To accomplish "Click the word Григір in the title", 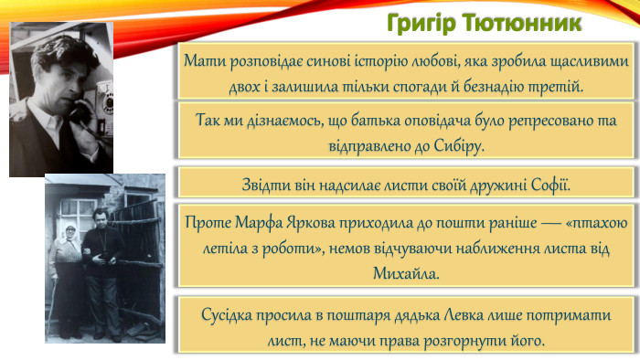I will (421, 20).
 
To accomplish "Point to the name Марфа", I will (260, 222).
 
